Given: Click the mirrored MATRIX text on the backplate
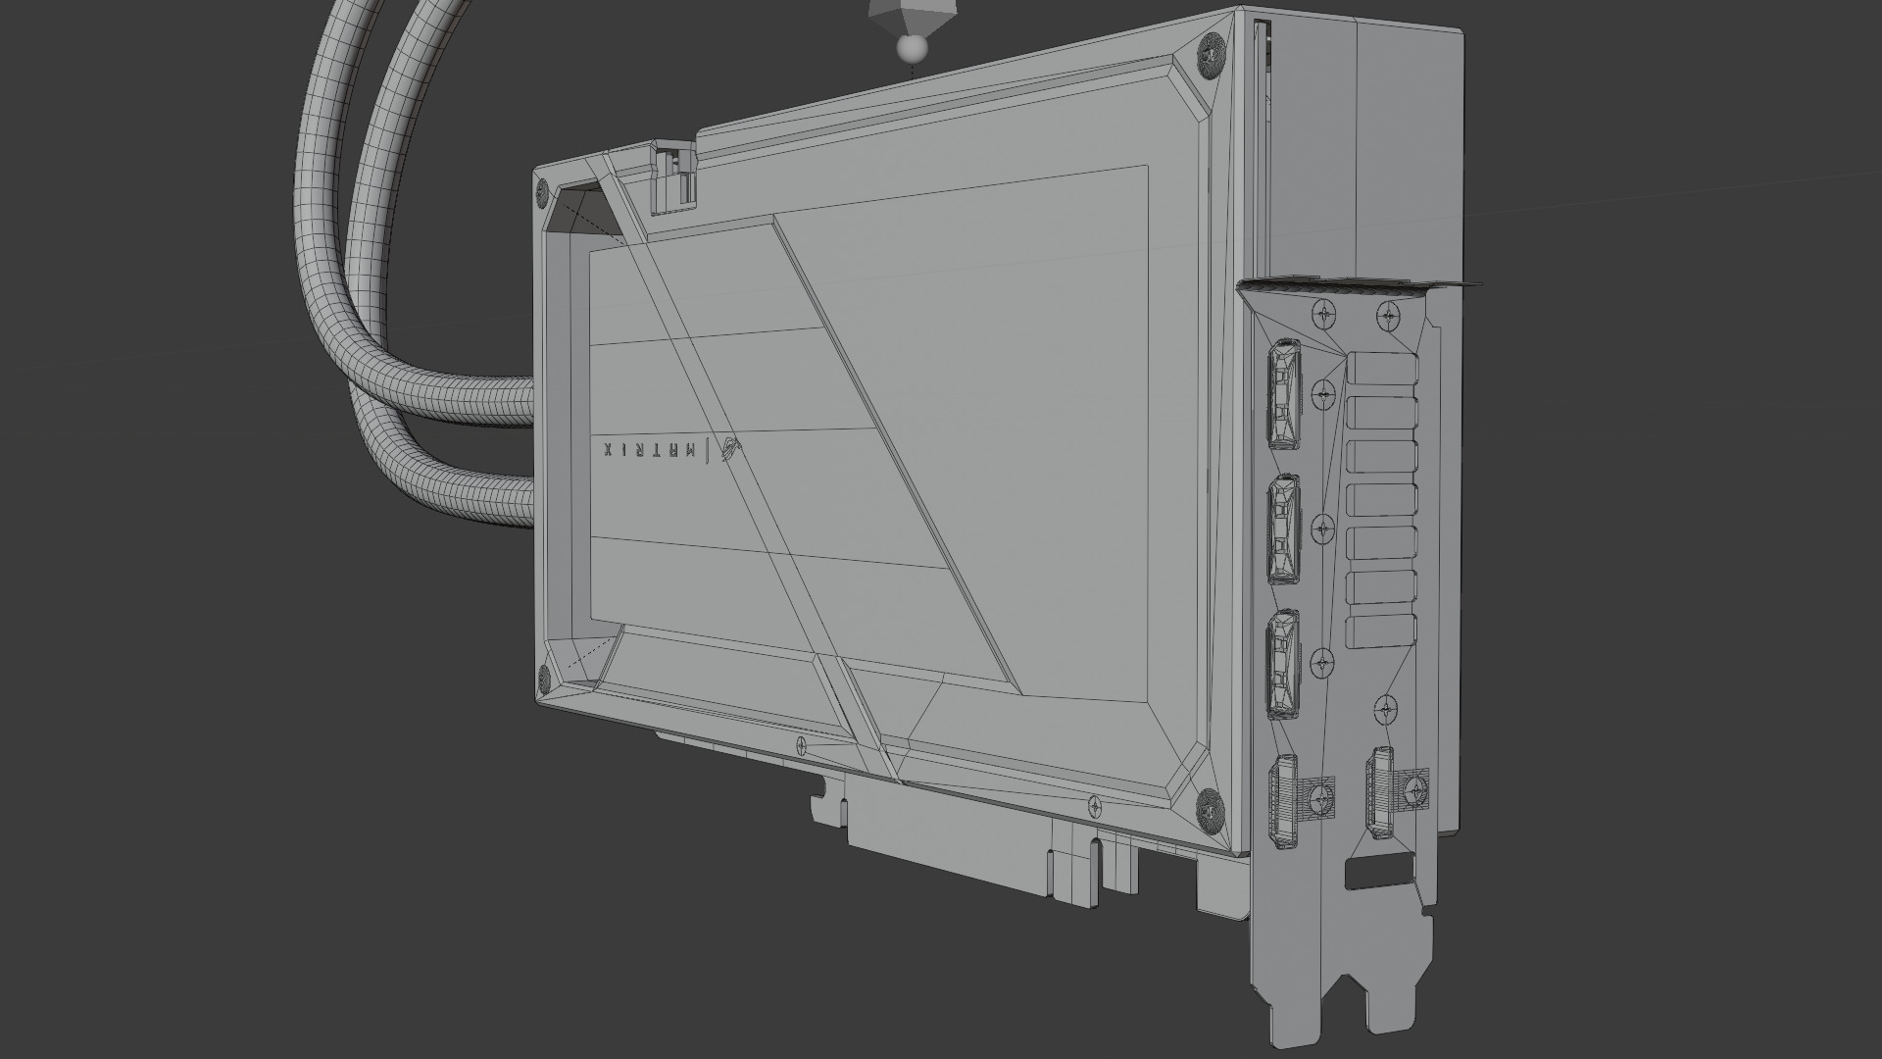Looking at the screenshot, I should (x=651, y=450).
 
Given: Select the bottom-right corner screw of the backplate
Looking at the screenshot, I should (x=1209, y=808).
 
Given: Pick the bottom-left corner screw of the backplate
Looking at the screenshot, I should (x=542, y=676).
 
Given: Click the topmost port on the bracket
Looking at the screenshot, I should (x=1284, y=393).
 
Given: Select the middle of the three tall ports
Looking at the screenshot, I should (x=1284, y=529).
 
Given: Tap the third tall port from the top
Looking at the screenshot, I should (x=1284, y=664).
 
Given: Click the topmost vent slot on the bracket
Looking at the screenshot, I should (x=1383, y=370).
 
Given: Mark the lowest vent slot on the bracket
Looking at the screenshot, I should (x=1383, y=631).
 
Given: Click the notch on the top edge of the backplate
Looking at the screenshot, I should (x=674, y=176).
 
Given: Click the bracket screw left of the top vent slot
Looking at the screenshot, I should (x=1324, y=392).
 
